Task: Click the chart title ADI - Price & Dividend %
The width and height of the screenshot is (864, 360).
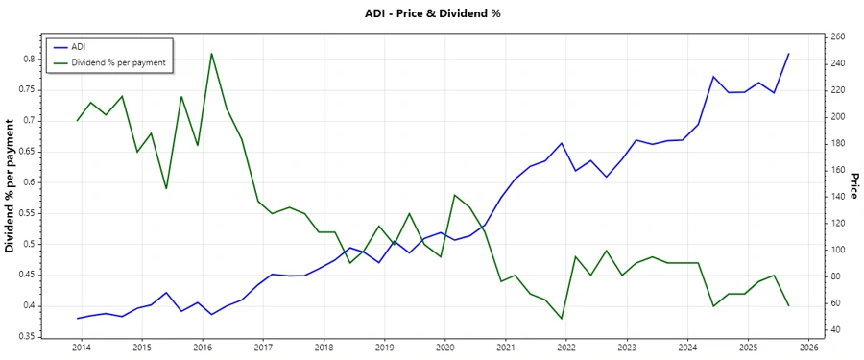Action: click(432, 13)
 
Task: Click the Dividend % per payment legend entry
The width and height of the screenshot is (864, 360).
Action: click(118, 62)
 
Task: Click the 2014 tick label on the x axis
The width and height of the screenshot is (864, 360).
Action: click(81, 347)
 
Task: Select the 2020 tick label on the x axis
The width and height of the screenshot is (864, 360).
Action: click(444, 347)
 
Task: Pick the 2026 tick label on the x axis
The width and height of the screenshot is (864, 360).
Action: click(808, 347)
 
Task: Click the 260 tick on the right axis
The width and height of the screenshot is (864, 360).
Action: click(837, 36)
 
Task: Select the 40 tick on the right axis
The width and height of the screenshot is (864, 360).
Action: click(834, 330)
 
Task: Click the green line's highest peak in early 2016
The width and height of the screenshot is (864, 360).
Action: click(211, 53)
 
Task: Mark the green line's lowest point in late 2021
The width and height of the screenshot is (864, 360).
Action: click(562, 319)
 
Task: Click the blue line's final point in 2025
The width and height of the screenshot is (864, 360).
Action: click(788, 54)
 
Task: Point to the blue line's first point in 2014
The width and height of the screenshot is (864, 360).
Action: click(77, 318)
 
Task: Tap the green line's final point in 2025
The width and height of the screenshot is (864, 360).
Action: click(788, 305)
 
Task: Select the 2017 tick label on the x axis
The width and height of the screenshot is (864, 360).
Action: click(262, 347)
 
